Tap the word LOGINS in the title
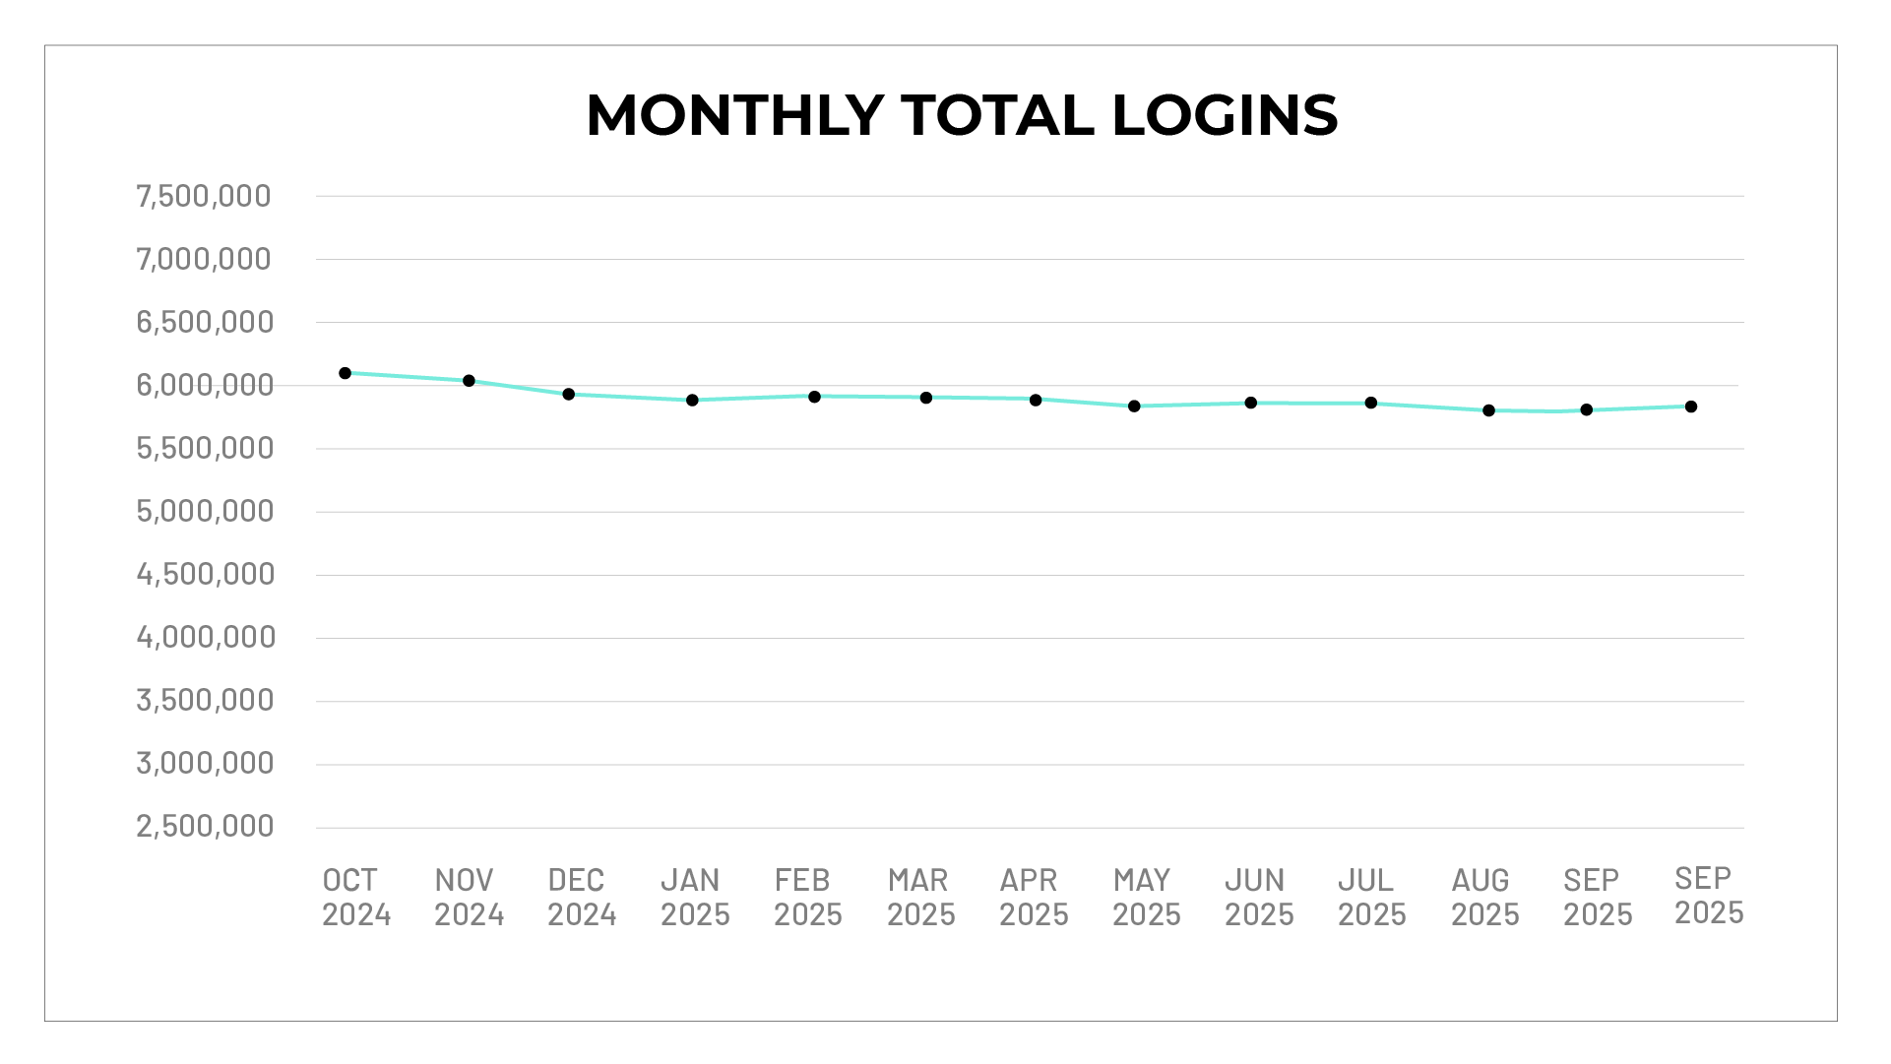tap(1225, 115)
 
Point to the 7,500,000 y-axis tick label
tap(204, 196)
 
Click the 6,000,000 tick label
tap(205, 385)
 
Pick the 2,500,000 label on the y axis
tap(205, 826)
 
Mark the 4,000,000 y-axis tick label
tap(206, 637)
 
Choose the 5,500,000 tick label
tap(205, 448)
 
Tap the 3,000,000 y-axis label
tap(205, 763)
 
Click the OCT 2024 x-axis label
tap(356, 897)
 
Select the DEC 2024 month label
tap(582, 897)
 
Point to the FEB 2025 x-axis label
tap(807, 897)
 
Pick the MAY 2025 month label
tap(1146, 897)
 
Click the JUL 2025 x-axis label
tap(1371, 897)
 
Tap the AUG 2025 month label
tap(1484, 897)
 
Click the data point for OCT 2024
tap(346, 373)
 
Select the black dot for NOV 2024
tap(469, 381)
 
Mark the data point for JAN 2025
tap(692, 400)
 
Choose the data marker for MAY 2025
tap(1134, 406)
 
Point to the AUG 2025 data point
tap(1488, 410)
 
